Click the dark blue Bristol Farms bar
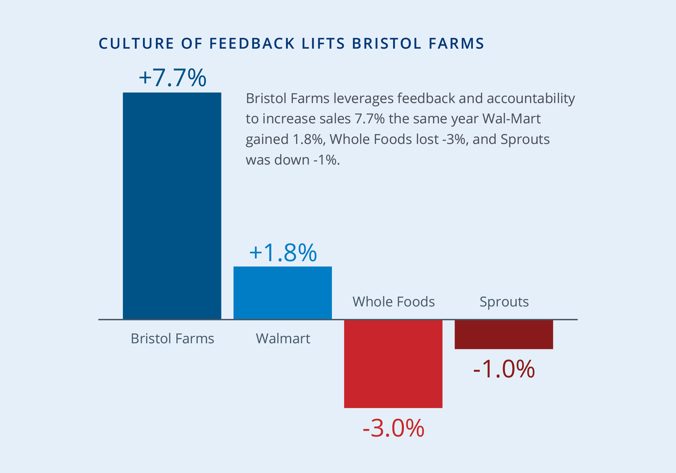(x=172, y=205)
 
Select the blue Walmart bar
(x=283, y=293)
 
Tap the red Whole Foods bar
(x=393, y=364)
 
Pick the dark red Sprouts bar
(x=504, y=334)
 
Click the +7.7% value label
(x=172, y=78)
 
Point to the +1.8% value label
(x=283, y=253)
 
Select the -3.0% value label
(x=393, y=428)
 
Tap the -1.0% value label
(x=504, y=369)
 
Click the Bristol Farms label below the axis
(x=172, y=339)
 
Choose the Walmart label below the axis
(x=283, y=339)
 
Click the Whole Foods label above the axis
(x=393, y=302)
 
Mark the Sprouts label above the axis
(x=504, y=302)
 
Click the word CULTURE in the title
(x=136, y=44)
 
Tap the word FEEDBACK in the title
(x=252, y=44)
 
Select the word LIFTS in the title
(x=323, y=44)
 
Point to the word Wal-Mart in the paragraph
(x=511, y=119)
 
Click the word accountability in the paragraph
(x=531, y=99)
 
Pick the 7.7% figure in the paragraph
(x=369, y=119)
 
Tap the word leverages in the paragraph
(x=363, y=99)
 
